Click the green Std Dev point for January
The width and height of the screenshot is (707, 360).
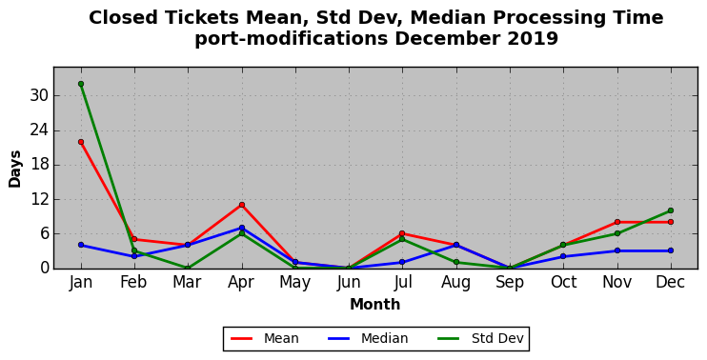pyautogui.click(x=81, y=84)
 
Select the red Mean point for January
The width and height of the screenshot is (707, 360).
pyautogui.click(x=81, y=142)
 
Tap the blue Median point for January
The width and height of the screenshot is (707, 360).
pyautogui.click(x=81, y=245)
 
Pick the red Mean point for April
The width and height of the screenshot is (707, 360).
pyautogui.click(x=242, y=205)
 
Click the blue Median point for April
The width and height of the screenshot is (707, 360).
pyautogui.click(x=242, y=228)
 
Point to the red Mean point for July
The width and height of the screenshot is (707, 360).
pyautogui.click(x=402, y=233)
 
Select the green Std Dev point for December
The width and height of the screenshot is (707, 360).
pyautogui.click(x=671, y=210)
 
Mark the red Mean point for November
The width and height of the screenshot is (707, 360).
pyautogui.click(x=617, y=222)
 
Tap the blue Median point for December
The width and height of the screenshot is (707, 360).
pyautogui.click(x=671, y=250)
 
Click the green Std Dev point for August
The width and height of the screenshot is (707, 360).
pyautogui.click(x=456, y=262)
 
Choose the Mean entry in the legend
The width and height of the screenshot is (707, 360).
pyautogui.click(x=264, y=338)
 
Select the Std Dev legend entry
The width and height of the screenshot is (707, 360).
pyautogui.click(x=480, y=338)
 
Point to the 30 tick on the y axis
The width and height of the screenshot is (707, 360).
pyautogui.click(x=39, y=96)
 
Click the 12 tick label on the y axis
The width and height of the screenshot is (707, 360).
pyautogui.click(x=39, y=200)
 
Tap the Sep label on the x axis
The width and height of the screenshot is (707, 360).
pyautogui.click(x=510, y=283)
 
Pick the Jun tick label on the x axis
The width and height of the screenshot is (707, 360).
pyautogui.click(x=349, y=283)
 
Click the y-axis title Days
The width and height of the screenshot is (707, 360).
pyautogui.click(x=15, y=169)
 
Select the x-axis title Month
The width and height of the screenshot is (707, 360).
pyautogui.click(x=375, y=305)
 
